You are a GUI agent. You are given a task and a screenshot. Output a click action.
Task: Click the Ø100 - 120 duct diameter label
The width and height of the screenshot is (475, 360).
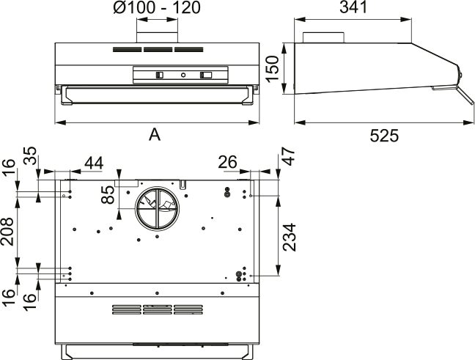(x=157, y=7)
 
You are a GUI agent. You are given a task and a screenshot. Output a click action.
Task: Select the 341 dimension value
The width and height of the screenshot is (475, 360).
(x=353, y=7)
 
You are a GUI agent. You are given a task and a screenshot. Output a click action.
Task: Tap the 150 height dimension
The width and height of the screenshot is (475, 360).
(x=272, y=69)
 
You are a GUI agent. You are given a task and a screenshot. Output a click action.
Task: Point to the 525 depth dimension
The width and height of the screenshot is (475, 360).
(x=384, y=136)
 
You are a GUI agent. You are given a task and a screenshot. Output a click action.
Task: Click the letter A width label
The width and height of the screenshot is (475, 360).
(x=155, y=134)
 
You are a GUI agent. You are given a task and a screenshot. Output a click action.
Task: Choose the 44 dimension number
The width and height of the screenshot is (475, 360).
(x=94, y=163)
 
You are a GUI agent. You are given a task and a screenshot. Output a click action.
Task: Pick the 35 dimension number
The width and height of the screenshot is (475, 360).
(x=30, y=155)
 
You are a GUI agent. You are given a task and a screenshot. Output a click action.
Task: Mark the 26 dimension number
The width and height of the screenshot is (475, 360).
(x=227, y=162)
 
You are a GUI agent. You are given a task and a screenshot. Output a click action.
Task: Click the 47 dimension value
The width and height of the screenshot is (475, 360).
(x=288, y=157)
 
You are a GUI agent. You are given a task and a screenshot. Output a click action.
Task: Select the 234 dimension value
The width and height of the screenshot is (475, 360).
(x=289, y=238)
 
